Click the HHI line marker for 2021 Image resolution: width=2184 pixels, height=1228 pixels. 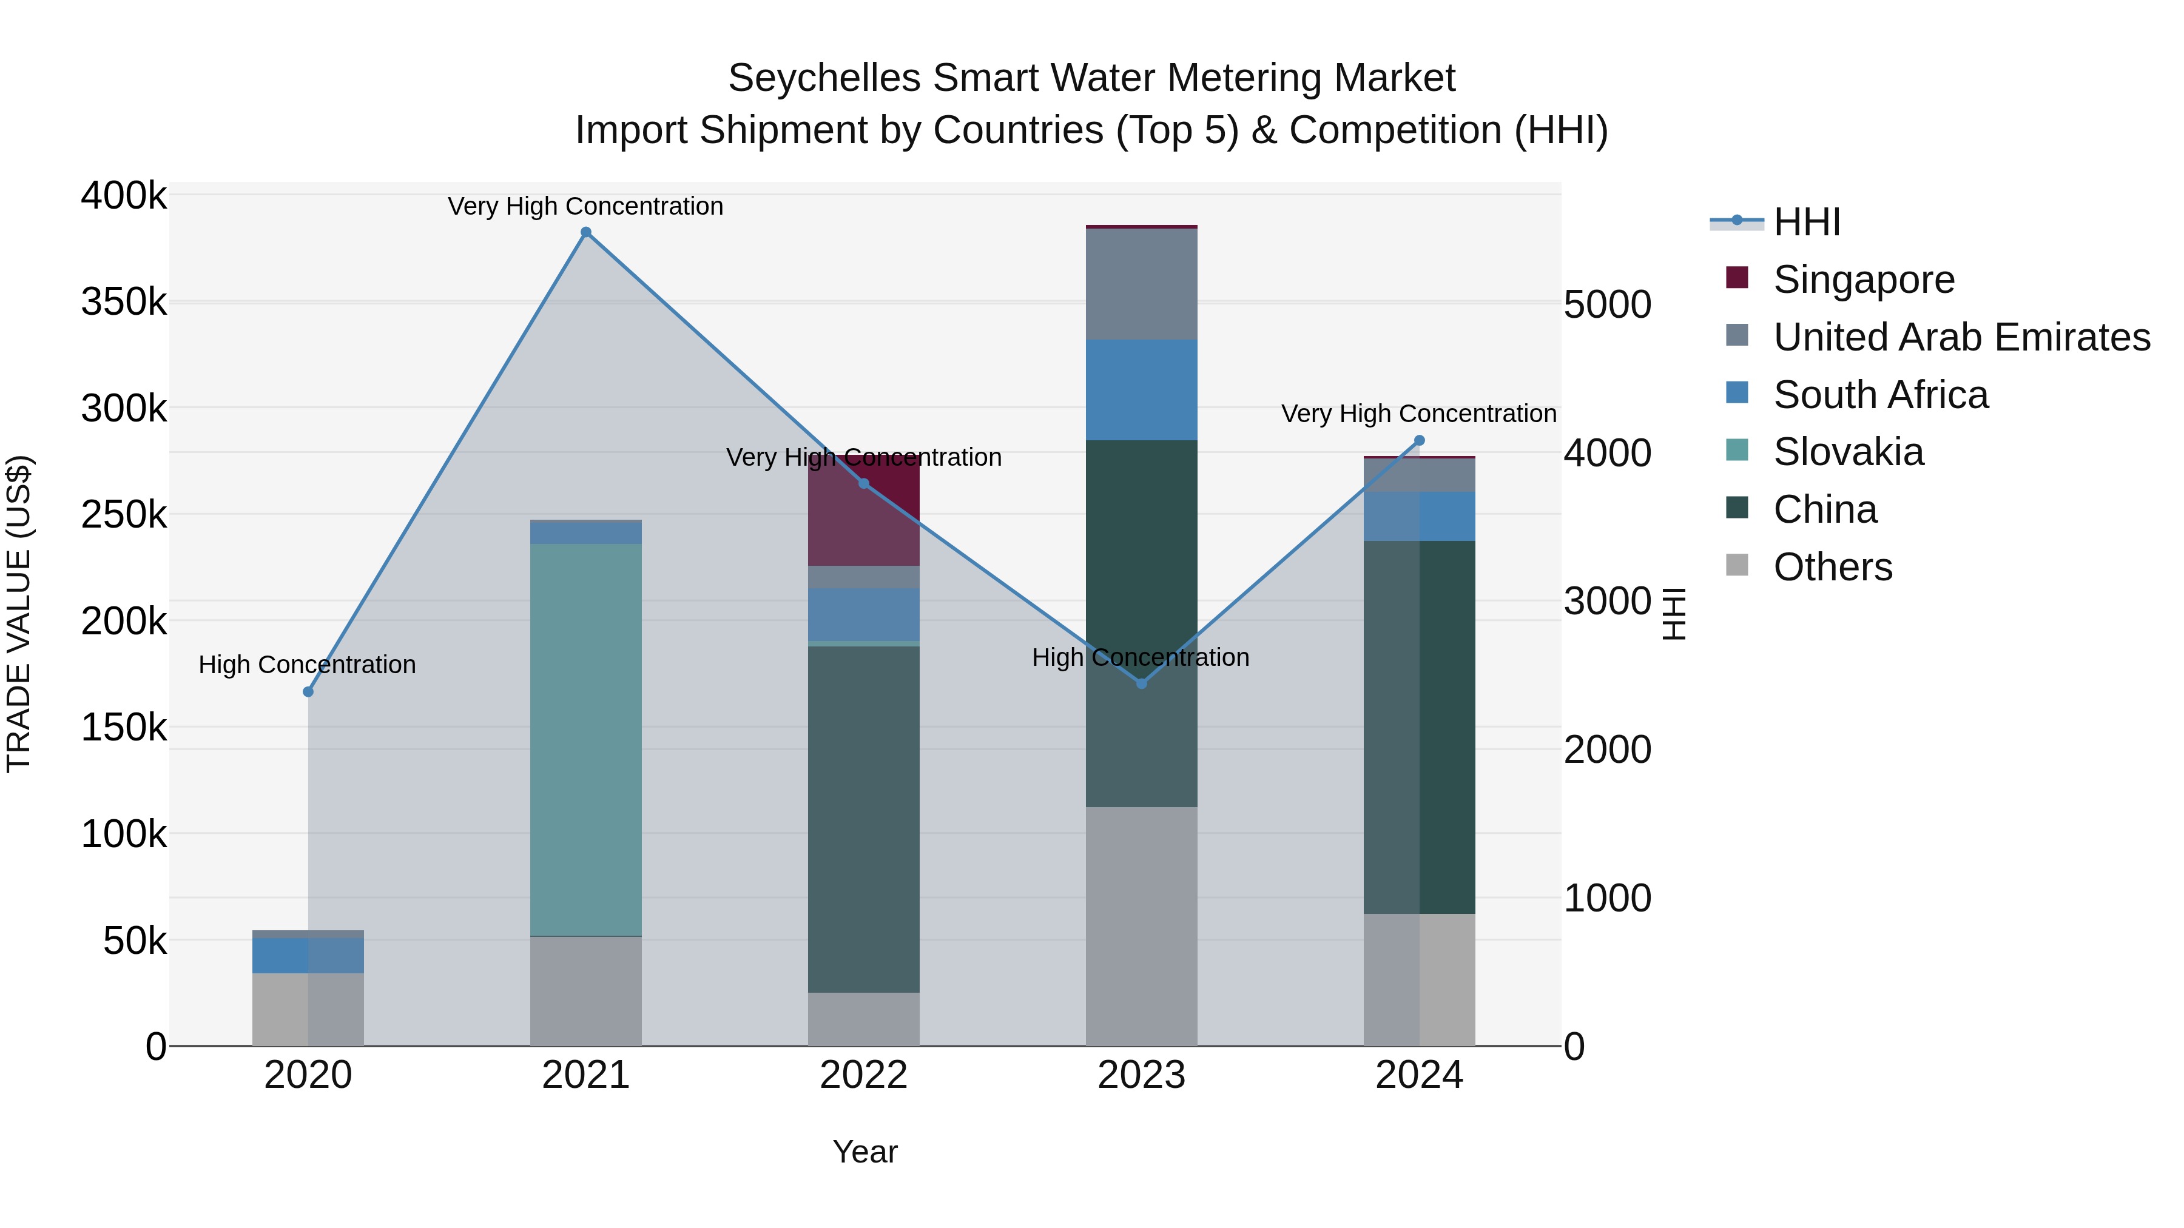pos(586,232)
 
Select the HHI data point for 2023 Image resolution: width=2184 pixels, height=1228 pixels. pos(1141,683)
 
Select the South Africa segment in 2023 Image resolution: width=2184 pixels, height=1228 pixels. pos(1141,390)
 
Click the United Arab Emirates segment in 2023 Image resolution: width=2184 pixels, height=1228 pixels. pos(1141,284)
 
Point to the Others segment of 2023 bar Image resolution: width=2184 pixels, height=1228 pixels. pos(1141,925)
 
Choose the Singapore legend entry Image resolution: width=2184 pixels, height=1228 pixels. pos(1864,280)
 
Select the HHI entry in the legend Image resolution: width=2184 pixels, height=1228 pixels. pos(1806,222)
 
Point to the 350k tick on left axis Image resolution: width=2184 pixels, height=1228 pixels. pos(124,302)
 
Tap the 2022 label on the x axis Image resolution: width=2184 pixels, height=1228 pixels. pos(863,1075)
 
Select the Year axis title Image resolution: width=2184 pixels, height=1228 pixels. pos(864,1152)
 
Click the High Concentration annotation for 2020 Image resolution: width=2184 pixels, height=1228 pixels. pos(307,665)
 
